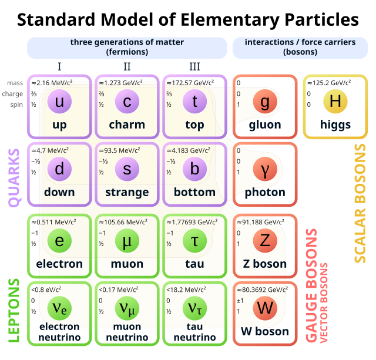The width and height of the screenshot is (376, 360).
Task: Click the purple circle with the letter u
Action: tap(59, 103)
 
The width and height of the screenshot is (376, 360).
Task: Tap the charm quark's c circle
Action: tap(127, 103)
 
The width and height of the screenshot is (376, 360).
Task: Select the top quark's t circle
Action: tap(194, 103)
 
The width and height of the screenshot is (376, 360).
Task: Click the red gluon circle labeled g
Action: tap(265, 103)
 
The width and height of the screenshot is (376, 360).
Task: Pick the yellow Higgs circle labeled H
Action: tap(335, 102)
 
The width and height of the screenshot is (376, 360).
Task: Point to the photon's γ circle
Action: tap(265, 170)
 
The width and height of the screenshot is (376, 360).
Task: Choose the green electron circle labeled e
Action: tap(59, 241)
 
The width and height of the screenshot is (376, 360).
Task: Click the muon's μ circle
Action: tap(127, 241)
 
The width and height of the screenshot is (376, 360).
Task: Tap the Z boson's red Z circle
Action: tap(265, 241)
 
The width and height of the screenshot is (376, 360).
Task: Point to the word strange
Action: tap(127, 193)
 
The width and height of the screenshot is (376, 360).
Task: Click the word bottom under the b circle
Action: tap(194, 193)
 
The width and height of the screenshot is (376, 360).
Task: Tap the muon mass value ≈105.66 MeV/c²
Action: tap(123, 223)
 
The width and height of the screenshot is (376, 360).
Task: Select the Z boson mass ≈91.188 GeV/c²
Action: tap(261, 223)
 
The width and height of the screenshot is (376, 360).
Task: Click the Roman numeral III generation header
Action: tap(194, 67)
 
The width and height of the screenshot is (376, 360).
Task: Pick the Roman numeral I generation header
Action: tap(59, 67)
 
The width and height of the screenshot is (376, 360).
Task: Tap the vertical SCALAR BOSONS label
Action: tap(359, 203)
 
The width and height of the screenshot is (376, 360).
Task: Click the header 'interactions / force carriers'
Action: tap(291, 42)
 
